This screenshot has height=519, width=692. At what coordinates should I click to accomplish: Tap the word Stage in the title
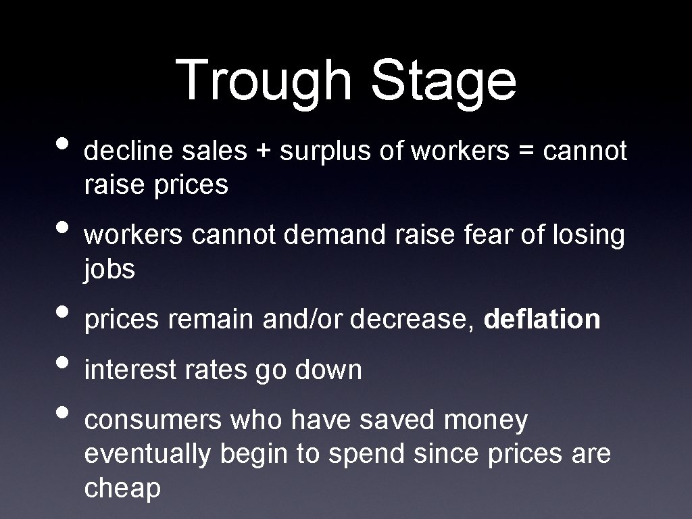[x=443, y=80]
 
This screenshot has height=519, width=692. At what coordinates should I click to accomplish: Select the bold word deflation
[x=543, y=319]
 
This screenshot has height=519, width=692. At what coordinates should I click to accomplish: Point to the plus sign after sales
[x=264, y=152]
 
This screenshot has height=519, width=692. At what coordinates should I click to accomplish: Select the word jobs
[x=109, y=270]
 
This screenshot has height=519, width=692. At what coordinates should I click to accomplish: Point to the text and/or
[x=303, y=320]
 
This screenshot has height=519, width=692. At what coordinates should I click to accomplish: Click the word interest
[x=128, y=370]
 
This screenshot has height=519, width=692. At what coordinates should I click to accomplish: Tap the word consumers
[x=153, y=420]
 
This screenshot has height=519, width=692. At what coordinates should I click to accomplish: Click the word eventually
[x=147, y=454]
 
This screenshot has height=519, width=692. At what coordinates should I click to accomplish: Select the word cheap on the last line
[x=122, y=488]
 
